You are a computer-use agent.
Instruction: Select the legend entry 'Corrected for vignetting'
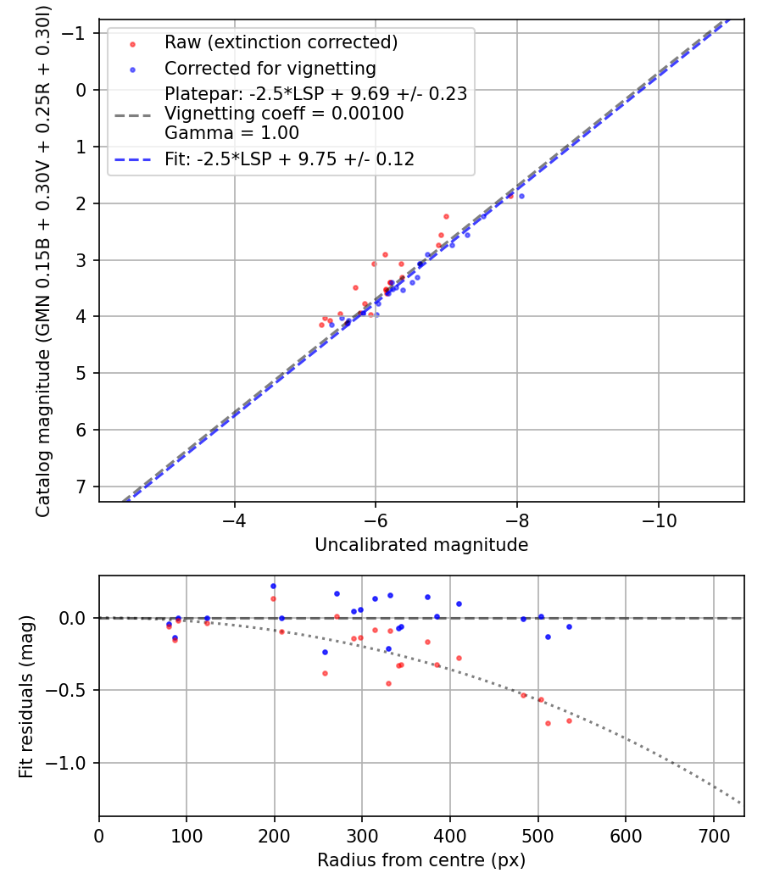270,68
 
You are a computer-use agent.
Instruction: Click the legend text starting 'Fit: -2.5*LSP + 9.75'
289,159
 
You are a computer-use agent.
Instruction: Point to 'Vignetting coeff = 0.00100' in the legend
284,114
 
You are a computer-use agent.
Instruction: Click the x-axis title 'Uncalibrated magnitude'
421,545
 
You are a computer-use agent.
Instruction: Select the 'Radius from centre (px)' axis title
421,860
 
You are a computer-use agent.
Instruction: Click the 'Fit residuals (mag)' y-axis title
26,696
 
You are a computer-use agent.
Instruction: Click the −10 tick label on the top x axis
658,520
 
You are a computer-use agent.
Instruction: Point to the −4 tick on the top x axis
234,520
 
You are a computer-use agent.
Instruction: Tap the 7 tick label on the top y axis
81,487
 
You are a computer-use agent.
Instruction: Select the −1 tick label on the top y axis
76,33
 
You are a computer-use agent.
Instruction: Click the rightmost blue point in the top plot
521,196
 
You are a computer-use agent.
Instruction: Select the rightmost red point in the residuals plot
569,720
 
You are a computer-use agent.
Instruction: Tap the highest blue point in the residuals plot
273,586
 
